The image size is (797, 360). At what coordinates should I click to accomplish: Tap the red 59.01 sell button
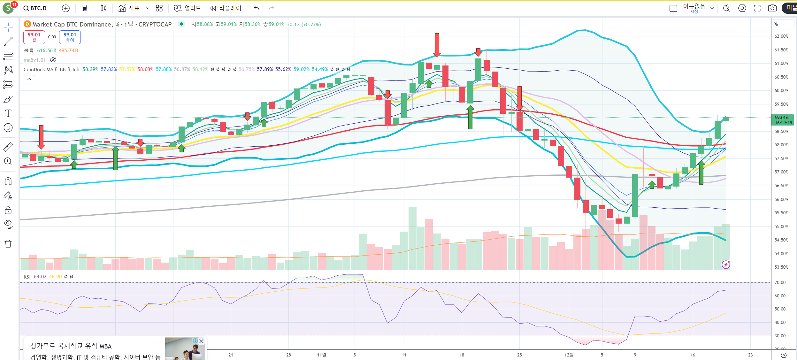(x=34, y=37)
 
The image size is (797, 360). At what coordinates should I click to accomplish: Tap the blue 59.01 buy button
(x=70, y=37)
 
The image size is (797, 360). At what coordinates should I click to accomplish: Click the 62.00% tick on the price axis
(x=781, y=36)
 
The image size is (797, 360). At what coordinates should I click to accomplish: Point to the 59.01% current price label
(x=782, y=120)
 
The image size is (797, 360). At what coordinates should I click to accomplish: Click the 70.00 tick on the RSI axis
(x=780, y=282)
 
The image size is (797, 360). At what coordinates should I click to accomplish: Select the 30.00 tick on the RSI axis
(x=780, y=336)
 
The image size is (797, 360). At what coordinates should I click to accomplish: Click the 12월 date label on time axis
(x=569, y=355)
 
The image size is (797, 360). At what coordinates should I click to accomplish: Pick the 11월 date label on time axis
(x=321, y=355)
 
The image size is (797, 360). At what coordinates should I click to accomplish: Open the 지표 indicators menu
(x=129, y=8)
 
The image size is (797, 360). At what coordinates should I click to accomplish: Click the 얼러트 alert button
(x=188, y=8)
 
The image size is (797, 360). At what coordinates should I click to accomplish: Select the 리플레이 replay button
(x=226, y=8)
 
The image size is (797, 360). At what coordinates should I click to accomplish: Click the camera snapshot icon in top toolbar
(x=772, y=8)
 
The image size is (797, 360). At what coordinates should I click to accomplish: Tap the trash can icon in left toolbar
(x=8, y=244)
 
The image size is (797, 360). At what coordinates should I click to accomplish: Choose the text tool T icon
(x=8, y=113)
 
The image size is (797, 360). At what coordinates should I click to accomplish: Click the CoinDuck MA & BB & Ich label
(x=51, y=69)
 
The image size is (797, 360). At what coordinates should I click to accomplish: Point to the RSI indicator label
(x=27, y=277)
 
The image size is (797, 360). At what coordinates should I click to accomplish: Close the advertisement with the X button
(x=201, y=341)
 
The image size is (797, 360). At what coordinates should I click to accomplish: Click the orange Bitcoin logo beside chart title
(x=27, y=24)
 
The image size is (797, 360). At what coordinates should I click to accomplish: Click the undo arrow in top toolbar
(x=256, y=8)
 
